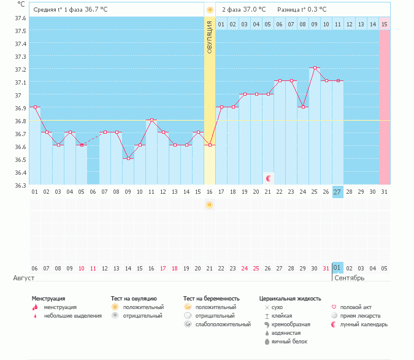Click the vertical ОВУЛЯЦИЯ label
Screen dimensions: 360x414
point(210,37)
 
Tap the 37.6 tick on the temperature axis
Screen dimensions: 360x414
point(20,18)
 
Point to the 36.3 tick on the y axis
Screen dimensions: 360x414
point(20,185)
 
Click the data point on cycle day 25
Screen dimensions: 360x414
point(315,68)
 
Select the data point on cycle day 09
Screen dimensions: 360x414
point(128,158)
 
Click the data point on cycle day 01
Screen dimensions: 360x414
point(35,107)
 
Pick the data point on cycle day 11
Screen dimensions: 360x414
point(151,120)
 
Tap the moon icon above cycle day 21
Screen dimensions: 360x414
point(268,178)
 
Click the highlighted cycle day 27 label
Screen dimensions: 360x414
point(338,192)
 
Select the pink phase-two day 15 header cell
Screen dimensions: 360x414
point(385,24)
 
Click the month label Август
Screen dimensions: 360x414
point(24,278)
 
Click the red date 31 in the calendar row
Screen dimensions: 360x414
point(326,269)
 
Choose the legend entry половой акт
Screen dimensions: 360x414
point(356,307)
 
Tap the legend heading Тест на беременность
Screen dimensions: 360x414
point(211,298)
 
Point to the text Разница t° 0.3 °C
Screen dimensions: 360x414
point(302,10)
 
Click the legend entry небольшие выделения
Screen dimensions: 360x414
point(72,315)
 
